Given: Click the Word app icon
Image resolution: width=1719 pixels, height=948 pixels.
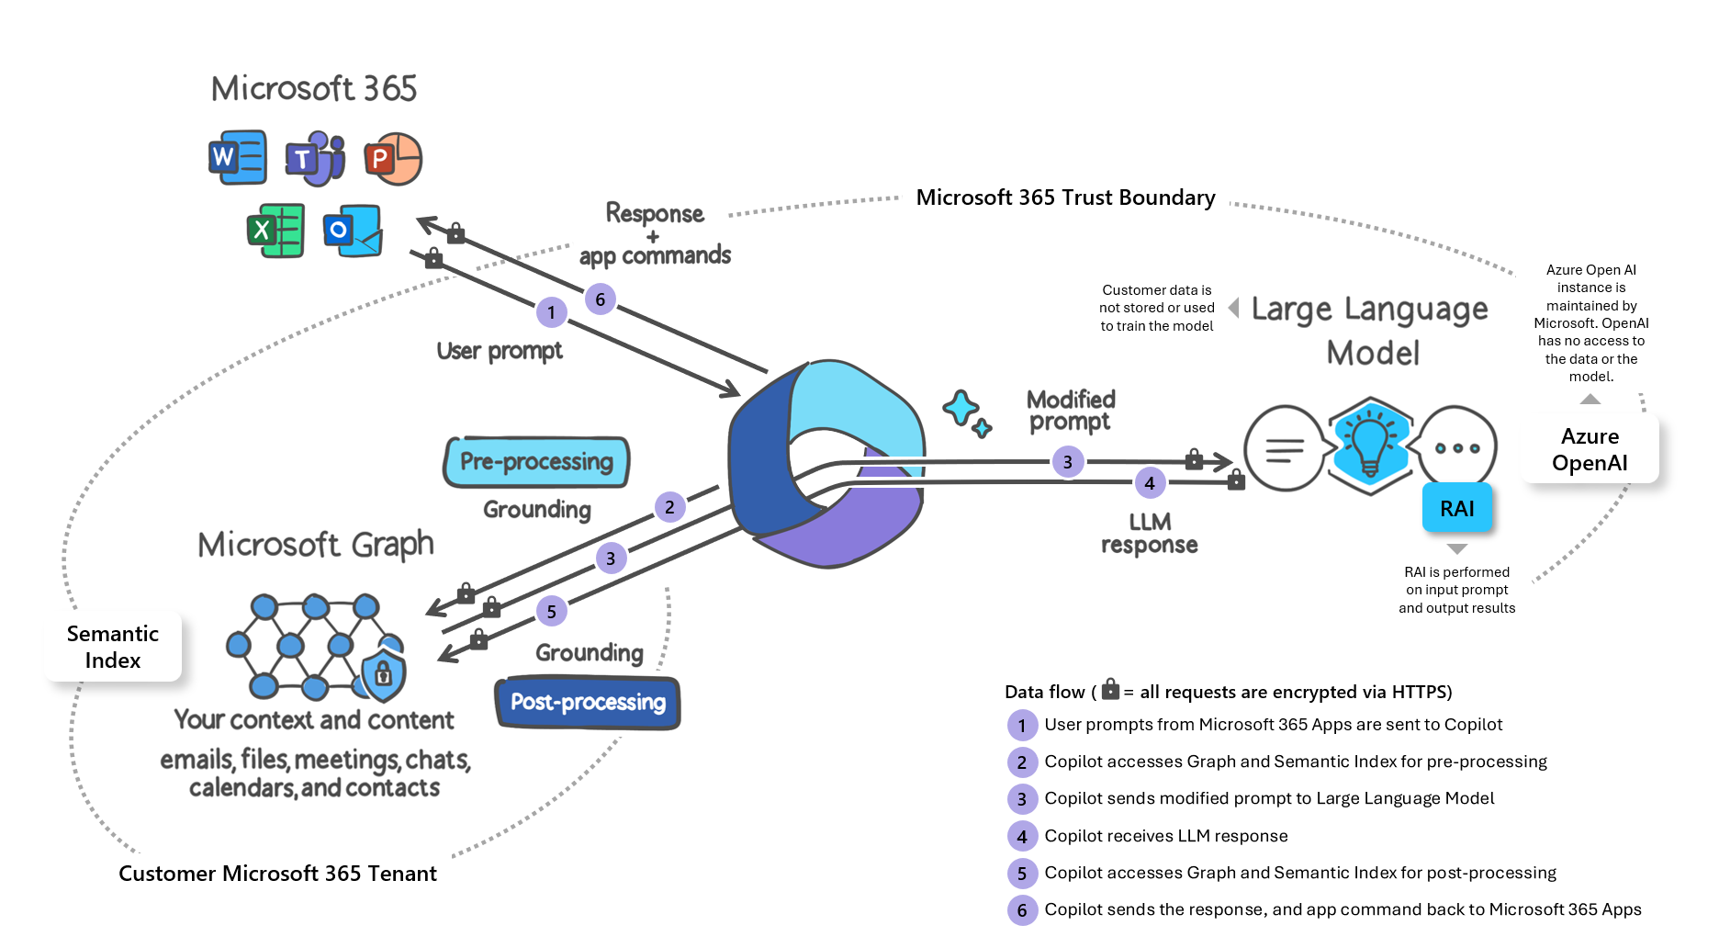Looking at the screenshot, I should coord(238,157).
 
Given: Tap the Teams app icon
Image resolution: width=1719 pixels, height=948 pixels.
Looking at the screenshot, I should coord(315,158).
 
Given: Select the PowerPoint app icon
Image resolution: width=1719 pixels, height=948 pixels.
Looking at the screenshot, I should coord(392,159).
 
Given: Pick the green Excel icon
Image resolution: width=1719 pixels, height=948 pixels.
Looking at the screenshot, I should coord(275,230).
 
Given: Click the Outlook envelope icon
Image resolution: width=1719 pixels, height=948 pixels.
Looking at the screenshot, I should coord(353,231).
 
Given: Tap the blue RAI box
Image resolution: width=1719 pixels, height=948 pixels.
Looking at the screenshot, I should coord(1456,508).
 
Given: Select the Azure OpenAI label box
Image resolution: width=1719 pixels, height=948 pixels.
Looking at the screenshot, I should coord(1590,449).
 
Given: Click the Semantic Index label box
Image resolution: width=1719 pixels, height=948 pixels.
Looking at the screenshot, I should coord(113,647).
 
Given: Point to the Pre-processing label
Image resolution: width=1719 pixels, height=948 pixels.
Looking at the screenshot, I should coord(536,461).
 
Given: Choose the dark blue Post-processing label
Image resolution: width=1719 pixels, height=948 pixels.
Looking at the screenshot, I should coord(588,703).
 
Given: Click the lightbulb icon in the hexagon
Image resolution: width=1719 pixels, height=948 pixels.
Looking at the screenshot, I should coord(1369,446).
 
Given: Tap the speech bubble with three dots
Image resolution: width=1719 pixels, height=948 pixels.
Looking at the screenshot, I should coord(1457,448).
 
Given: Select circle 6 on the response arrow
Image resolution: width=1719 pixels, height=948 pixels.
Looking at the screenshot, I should coord(600,299).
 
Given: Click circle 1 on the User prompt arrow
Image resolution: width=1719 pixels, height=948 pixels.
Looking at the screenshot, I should coord(551,312).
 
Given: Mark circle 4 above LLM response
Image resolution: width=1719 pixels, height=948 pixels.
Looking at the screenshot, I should coord(1150,483).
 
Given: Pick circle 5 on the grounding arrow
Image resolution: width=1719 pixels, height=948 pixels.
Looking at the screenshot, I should coord(551,612).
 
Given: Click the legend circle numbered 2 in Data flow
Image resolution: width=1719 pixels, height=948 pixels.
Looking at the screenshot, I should coord(1021,762).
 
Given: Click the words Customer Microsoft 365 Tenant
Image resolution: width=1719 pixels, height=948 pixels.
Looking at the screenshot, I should coord(277,874).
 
